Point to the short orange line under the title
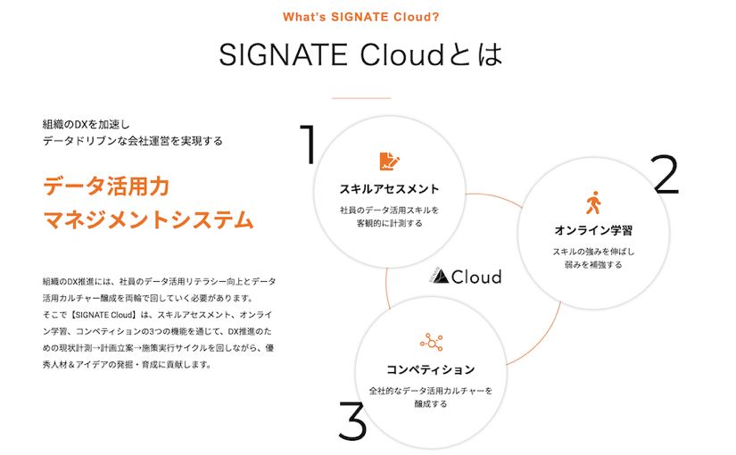(360, 98)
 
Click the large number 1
(308, 145)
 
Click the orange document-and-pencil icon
(389, 161)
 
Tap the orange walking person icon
(593, 203)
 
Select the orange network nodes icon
(432, 342)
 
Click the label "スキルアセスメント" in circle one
(389, 188)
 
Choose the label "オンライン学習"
(593, 230)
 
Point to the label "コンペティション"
(431, 368)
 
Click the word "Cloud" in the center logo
(476, 277)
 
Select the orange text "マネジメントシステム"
(148, 219)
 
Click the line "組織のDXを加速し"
(87, 123)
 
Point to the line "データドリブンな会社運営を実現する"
(133, 140)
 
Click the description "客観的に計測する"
(389, 224)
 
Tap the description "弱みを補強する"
(593, 265)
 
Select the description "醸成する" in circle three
(431, 404)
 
